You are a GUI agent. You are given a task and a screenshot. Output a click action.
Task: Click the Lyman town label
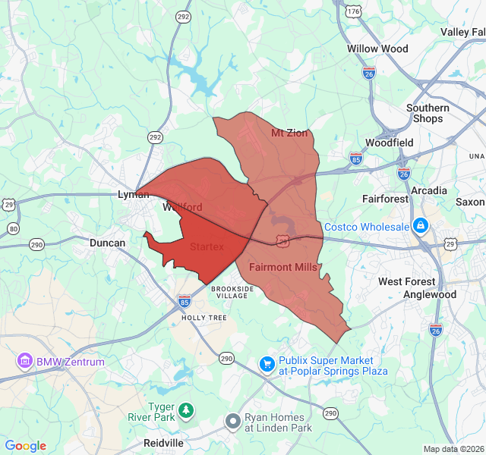point(133,195)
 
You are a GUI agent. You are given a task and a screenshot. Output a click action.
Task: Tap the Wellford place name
point(182,207)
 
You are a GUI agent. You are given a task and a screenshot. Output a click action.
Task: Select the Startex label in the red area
point(207,246)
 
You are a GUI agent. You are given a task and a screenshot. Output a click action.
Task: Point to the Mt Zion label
point(289,133)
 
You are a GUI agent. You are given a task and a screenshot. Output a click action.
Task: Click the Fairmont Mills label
point(283,267)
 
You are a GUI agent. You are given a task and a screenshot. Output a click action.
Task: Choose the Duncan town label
point(107,243)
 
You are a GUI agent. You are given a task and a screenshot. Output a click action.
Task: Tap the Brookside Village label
point(232,293)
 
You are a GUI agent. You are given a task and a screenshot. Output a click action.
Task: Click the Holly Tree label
point(204,318)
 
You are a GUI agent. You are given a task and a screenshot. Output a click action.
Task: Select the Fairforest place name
point(385,199)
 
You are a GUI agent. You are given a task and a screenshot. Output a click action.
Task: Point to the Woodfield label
point(389,143)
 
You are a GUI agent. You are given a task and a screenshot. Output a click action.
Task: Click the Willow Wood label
point(377,49)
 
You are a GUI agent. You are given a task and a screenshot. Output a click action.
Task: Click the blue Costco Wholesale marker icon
point(420,226)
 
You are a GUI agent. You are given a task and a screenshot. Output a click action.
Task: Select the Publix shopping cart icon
point(267,365)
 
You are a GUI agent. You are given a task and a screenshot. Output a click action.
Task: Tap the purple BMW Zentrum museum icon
point(25,361)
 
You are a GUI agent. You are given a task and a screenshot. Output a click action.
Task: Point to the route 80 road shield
point(13,228)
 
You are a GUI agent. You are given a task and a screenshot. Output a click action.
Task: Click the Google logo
point(26,446)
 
